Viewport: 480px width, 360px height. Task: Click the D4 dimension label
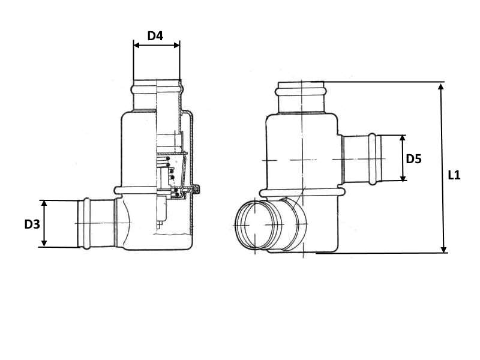point(155,36)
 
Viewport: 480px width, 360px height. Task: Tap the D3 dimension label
point(32,224)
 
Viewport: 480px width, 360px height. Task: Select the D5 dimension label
point(413,159)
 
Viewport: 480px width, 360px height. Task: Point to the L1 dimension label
point(454,175)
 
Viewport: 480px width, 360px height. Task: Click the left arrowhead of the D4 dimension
point(137,46)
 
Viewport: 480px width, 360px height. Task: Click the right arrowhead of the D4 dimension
point(176,46)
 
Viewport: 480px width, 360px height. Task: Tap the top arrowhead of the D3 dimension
point(44,203)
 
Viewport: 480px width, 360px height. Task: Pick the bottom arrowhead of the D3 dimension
point(44,244)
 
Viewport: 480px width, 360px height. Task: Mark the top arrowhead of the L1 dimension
point(441,86)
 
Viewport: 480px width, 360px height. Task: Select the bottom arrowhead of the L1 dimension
point(443,250)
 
